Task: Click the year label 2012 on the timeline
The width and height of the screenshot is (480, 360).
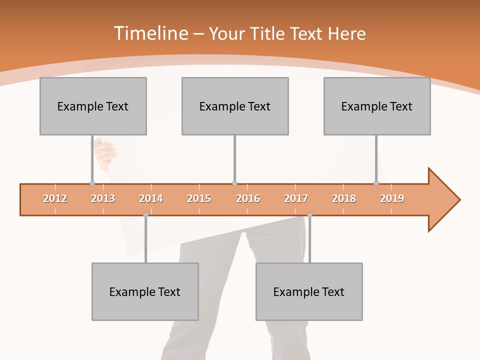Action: pyautogui.click(x=55, y=198)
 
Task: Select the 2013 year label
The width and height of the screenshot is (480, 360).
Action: pyautogui.click(x=103, y=198)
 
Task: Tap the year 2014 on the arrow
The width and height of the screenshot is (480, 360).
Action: pyautogui.click(x=151, y=198)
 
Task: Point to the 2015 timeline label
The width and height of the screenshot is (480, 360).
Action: pyautogui.click(x=199, y=198)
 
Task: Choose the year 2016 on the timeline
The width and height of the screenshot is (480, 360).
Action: pyautogui.click(x=248, y=198)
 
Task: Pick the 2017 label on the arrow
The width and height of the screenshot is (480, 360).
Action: pyautogui.click(x=296, y=198)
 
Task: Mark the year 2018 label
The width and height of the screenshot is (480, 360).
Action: pyautogui.click(x=344, y=198)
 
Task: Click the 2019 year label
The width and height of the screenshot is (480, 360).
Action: pyautogui.click(x=392, y=198)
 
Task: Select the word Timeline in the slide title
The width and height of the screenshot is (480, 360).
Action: pyautogui.click(x=150, y=33)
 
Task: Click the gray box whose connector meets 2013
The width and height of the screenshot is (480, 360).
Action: pyautogui.click(x=93, y=106)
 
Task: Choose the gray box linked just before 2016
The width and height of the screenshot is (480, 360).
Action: pyautogui.click(x=235, y=106)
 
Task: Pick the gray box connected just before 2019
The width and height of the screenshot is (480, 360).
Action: pyautogui.click(x=377, y=106)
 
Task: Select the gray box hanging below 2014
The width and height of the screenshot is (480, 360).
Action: pyautogui.click(x=145, y=291)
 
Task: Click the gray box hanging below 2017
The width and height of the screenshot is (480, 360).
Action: pyautogui.click(x=309, y=291)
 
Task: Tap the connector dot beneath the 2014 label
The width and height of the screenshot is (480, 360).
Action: pyautogui.click(x=145, y=215)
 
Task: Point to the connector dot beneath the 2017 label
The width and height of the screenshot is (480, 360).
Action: pyautogui.click(x=309, y=215)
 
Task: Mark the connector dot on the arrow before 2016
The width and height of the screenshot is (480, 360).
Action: pyautogui.click(x=234, y=183)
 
